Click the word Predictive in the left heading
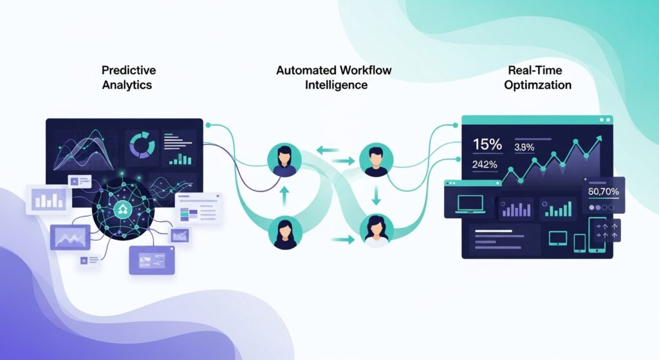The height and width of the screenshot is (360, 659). tap(129, 70)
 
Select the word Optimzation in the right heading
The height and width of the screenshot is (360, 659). tap(538, 84)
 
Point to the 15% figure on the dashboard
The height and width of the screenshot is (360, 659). tap(487, 144)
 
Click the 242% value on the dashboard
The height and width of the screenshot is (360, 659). tap(485, 164)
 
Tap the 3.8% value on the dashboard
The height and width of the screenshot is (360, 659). tap(525, 147)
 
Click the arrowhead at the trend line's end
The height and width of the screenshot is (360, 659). tap(599, 137)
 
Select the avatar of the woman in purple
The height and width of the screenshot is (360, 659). tap(284, 160)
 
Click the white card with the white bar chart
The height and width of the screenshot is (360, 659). tap(49, 199)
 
